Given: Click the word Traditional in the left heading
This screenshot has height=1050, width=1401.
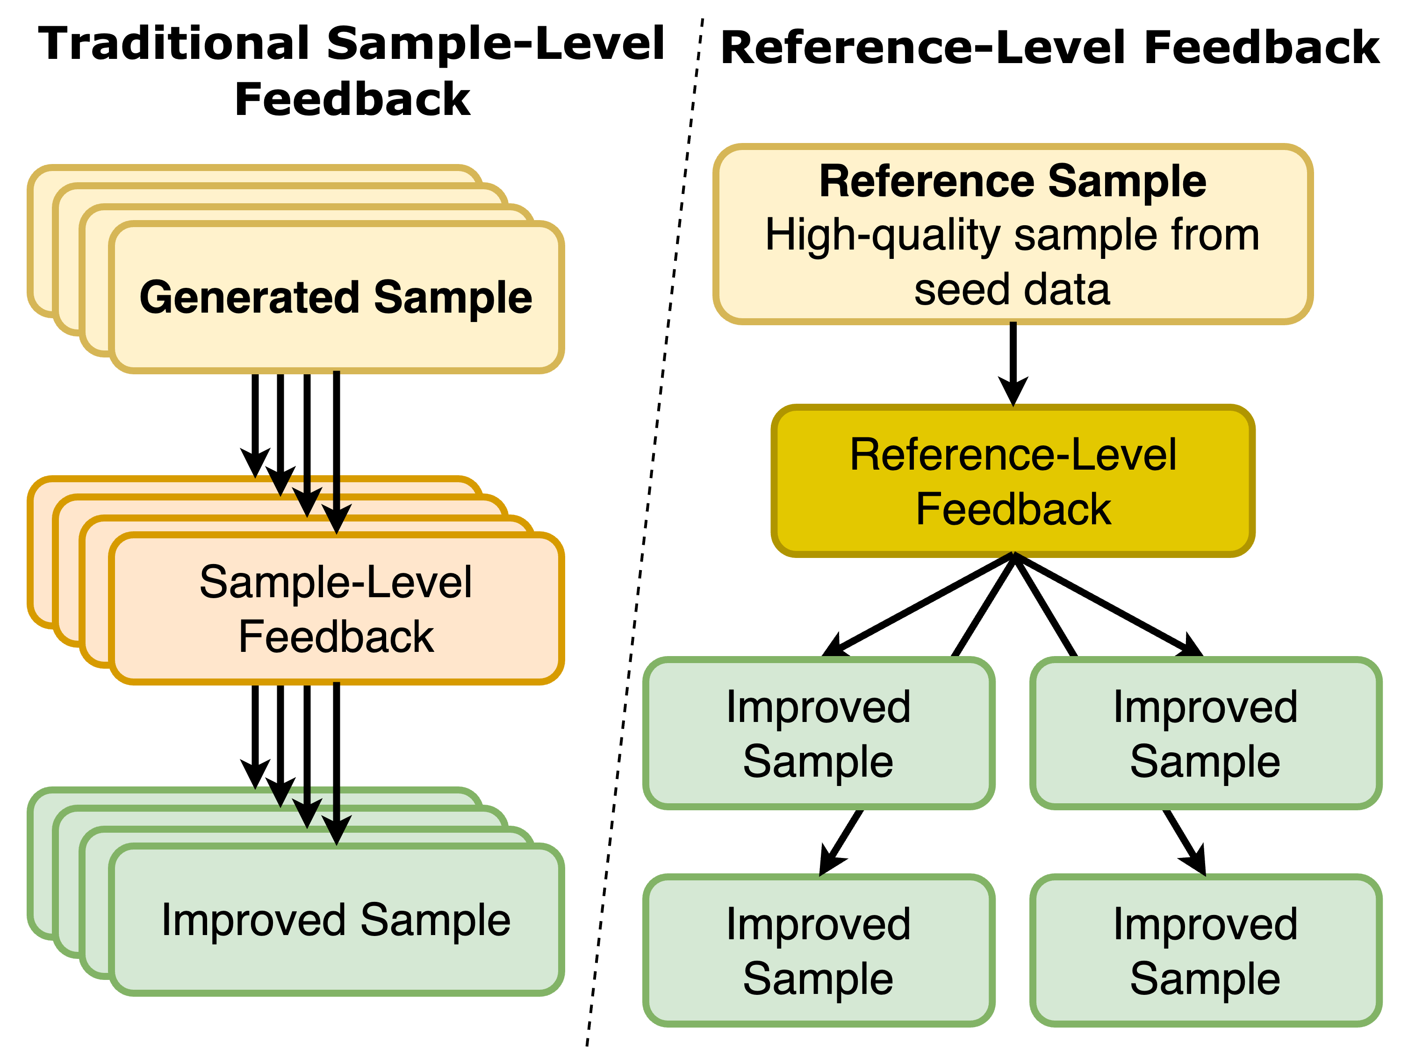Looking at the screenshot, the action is click(174, 44).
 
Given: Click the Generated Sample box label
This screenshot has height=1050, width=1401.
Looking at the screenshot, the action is click(336, 297).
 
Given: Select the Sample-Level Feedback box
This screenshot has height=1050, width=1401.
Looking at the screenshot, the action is click(336, 608).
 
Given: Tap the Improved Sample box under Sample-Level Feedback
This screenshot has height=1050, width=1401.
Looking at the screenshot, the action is click(336, 920).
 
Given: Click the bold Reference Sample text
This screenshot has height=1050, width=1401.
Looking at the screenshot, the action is click(1013, 181).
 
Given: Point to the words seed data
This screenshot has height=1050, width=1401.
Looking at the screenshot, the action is click(1012, 289).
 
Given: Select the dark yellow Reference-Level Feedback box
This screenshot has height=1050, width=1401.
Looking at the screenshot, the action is click(1013, 481).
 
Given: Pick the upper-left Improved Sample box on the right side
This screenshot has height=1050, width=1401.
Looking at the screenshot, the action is click(819, 733).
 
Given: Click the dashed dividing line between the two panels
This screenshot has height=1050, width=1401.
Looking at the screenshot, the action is click(645, 532).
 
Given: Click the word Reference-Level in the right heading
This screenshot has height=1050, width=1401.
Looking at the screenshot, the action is click(923, 48).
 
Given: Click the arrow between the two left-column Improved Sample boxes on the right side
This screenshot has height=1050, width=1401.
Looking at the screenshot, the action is click(841, 842).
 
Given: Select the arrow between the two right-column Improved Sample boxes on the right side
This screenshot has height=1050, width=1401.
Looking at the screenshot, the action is click(1185, 842).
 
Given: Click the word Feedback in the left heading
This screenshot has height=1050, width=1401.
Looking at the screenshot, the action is click(352, 100).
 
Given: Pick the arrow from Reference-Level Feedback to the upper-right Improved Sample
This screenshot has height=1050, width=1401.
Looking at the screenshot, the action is click(1108, 605).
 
